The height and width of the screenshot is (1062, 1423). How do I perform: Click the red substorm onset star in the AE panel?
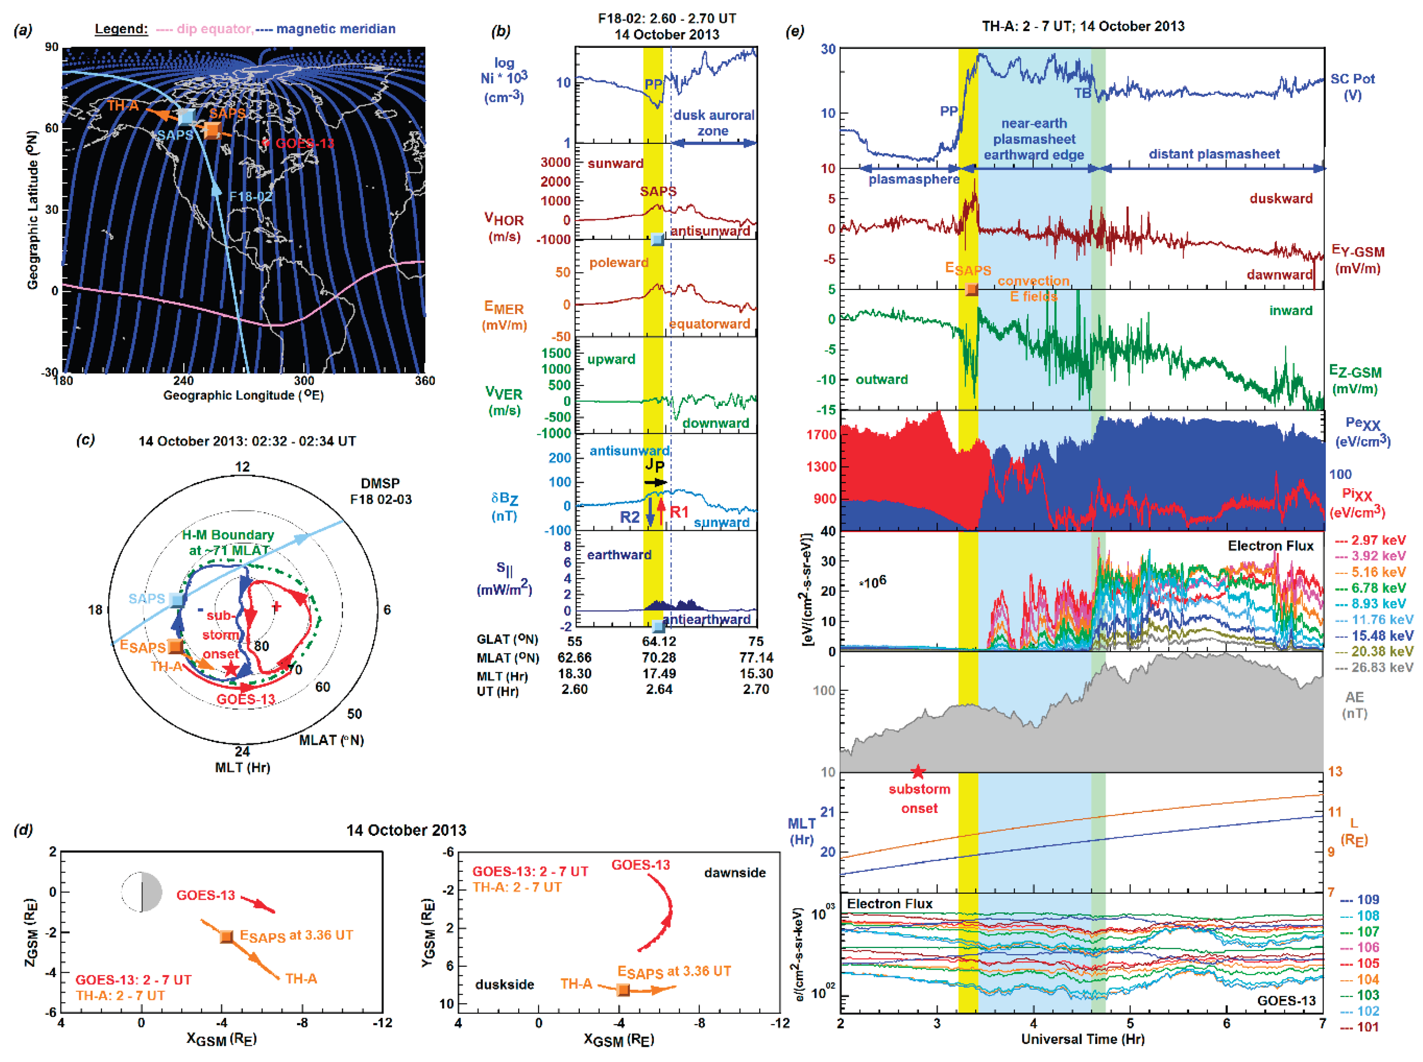[x=917, y=771]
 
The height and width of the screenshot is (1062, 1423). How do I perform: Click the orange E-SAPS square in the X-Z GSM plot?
[x=226, y=936]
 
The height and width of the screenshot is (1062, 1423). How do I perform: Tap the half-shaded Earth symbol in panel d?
[x=142, y=892]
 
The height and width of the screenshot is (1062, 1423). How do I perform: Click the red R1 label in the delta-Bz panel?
[x=679, y=512]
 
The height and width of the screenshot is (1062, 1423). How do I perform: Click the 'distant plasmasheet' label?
[x=1213, y=154]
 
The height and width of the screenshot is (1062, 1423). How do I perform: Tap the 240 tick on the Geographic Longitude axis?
[x=183, y=381]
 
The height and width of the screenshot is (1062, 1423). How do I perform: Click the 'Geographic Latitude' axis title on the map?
[x=32, y=210]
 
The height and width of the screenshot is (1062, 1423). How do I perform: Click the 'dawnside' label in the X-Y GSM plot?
[x=734, y=872]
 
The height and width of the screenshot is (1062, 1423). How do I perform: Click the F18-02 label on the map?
[x=251, y=197]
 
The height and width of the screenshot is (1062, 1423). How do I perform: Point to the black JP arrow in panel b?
[x=655, y=482]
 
